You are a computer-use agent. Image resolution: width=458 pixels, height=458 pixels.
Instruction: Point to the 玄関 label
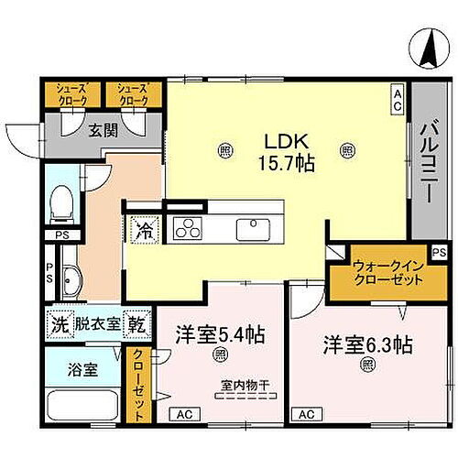pyautogui.click(x=103, y=131)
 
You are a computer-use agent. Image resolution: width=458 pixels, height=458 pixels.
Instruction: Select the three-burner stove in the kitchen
pyautogui.click(x=189, y=228)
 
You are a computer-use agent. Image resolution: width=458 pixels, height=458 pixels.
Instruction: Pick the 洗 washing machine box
pyautogui.click(x=59, y=323)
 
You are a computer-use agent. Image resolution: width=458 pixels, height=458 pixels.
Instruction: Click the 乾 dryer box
pyautogui.click(x=136, y=323)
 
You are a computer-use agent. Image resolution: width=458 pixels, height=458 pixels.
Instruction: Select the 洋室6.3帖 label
pyautogui.click(x=366, y=346)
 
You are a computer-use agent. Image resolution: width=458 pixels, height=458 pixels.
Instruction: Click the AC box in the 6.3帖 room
pyautogui.click(x=307, y=413)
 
